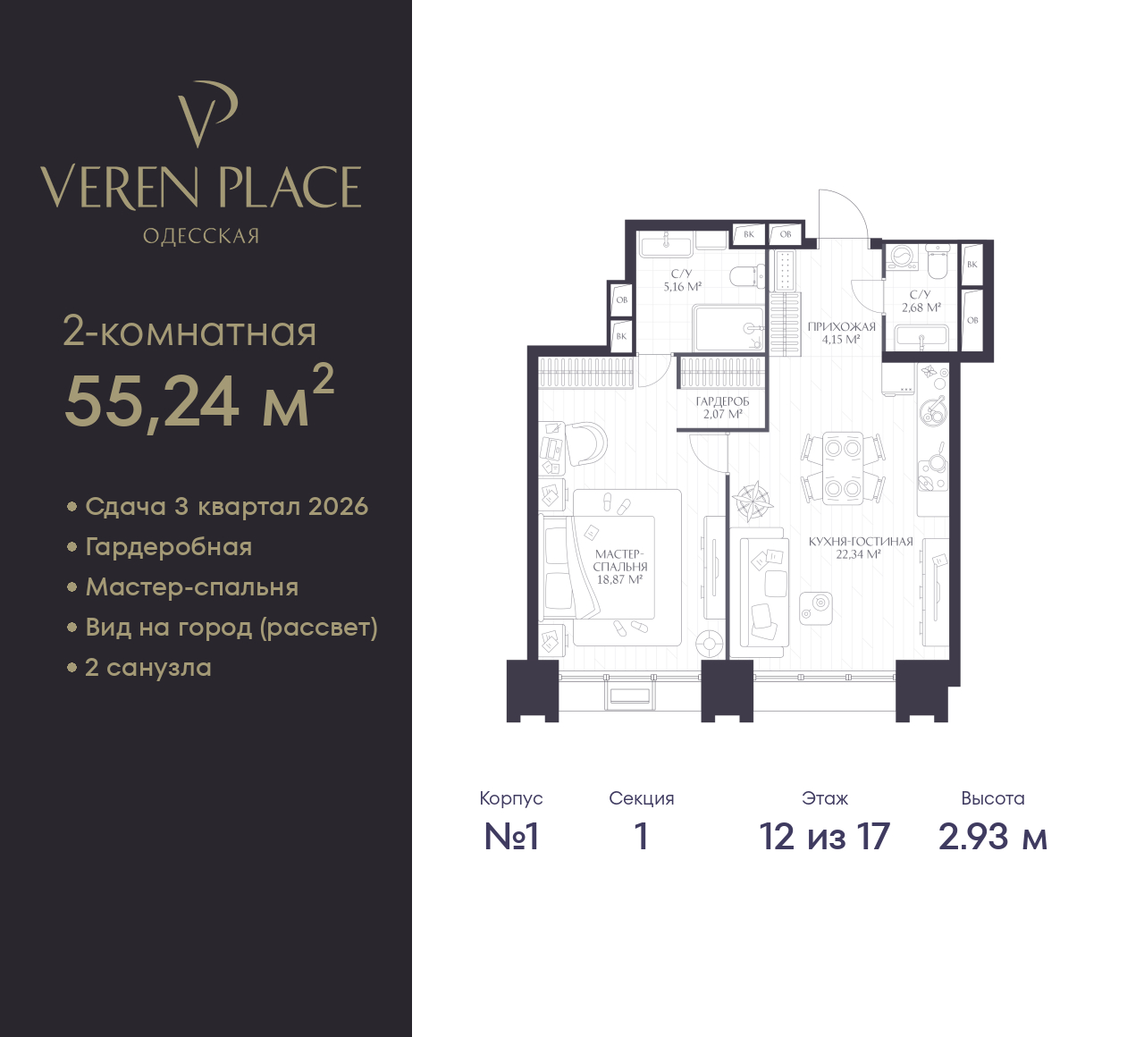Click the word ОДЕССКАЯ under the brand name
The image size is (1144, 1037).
(x=201, y=236)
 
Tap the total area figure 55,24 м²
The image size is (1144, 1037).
(x=199, y=398)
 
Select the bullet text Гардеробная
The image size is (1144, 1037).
(x=169, y=547)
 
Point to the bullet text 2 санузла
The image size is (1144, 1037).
(x=148, y=668)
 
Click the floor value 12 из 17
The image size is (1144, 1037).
(x=825, y=837)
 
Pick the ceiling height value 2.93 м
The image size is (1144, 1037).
(x=993, y=837)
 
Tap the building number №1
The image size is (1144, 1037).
(x=511, y=837)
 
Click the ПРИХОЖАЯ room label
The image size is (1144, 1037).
(x=841, y=327)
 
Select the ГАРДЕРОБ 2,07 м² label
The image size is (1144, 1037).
(x=722, y=408)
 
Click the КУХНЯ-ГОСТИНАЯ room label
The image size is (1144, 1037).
(x=861, y=542)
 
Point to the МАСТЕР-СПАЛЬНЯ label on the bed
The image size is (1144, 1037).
(x=620, y=561)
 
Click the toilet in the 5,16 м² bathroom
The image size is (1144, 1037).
(x=748, y=276)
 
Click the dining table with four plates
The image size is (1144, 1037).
(x=843, y=468)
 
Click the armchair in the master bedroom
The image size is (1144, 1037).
(x=585, y=443)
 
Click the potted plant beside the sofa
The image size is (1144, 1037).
(x=753, y=502)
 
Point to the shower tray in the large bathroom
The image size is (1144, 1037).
(x=728, y=328)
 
